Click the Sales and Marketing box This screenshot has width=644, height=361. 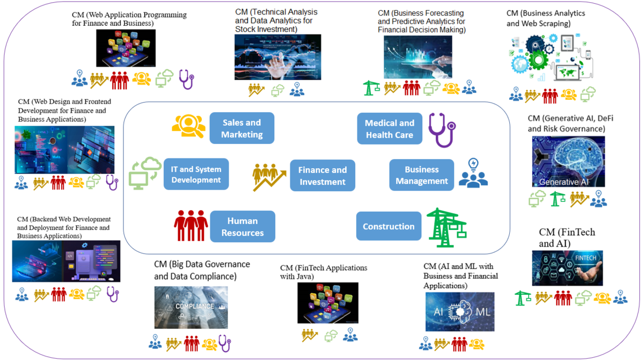[x=241, y=128]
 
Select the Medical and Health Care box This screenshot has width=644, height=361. [x=390, y=129]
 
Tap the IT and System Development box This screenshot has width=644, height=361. [x=196, y=174]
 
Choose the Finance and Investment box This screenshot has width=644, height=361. [x=323, y=175]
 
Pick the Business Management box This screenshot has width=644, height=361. [x=422, y=175]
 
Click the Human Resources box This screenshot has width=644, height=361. [x=243, y=226]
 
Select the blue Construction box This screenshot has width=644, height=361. [x=389, y=226]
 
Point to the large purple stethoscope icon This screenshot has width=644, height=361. [x=442, y=129]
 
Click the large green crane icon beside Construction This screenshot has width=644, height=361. [x=446, y=227]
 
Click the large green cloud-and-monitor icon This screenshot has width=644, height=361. [x=145, y=173]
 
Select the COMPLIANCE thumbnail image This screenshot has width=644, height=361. [x=191, y=307]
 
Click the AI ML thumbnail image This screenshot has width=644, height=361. [x=460, y=312]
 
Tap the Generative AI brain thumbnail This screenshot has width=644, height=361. [x=568, y=161]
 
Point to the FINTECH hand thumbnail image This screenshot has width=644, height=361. [x=567, y=268]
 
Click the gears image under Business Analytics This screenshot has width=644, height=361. [x=551, y=58]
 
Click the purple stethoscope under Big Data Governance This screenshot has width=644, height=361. [x=224, y=343]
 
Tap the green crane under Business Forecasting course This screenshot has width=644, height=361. [x=371, y=88]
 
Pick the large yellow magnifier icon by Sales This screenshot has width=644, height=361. [x=188, y=126]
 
